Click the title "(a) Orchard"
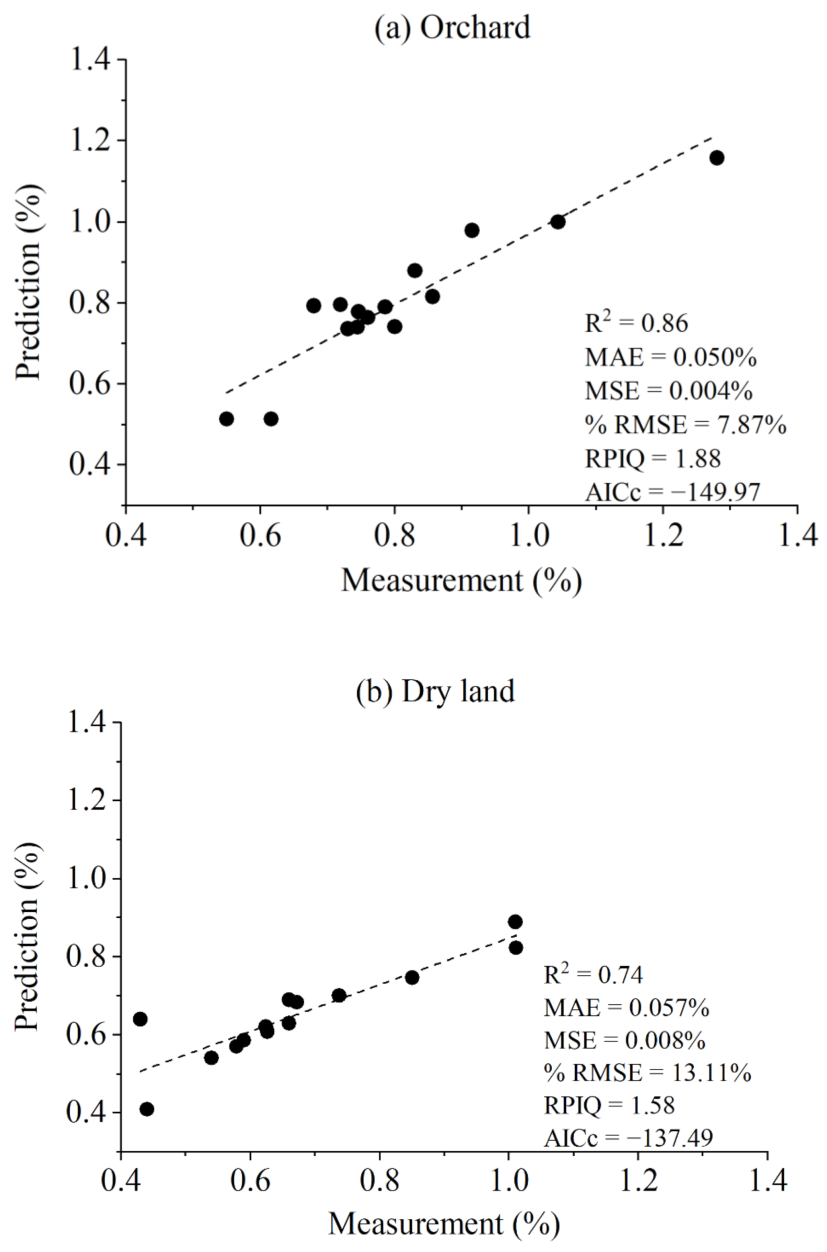click(452, 27)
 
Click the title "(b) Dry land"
click(435, 691)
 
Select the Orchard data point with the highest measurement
click(716, 157)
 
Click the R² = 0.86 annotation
click(636, 324)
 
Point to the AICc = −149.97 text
click(672, 493)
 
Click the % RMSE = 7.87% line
click(685, 424)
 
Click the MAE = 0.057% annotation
click(626, 1008)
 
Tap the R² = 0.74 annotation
click(593, 975)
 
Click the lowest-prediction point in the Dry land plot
click(146, 1109)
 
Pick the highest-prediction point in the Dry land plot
click(516, 922)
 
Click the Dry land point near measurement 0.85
click(412, 977)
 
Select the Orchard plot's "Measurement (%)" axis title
click(461, 581)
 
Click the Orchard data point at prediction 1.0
click(558, 222)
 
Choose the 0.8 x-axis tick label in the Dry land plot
click(379, 1192)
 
